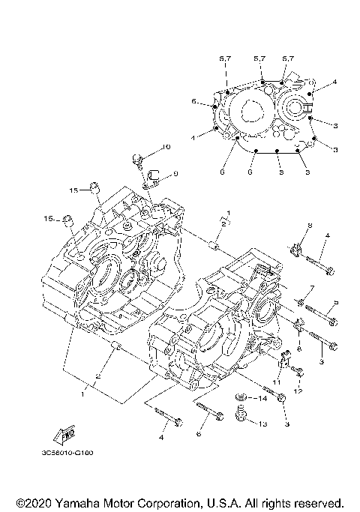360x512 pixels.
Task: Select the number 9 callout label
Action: tap(175, 173)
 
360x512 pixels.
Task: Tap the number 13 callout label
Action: tap(262, 424)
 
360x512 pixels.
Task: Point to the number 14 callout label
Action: tap(261, 399)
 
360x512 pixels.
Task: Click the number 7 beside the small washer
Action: tap(312, 289)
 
